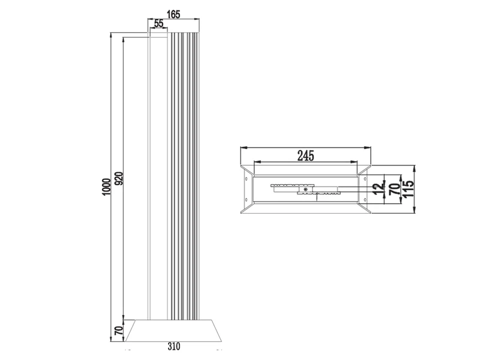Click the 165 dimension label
coord(173,14)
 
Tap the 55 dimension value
coord(158,23)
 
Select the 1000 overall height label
coord(106,187)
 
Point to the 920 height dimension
coord(119,178)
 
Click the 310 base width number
coord(174,346)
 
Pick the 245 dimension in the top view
coord(305,156)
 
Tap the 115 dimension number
coord(409,189)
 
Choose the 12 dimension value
coord(379,188)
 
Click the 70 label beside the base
coord(118,330)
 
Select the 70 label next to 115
coord(394,189)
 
